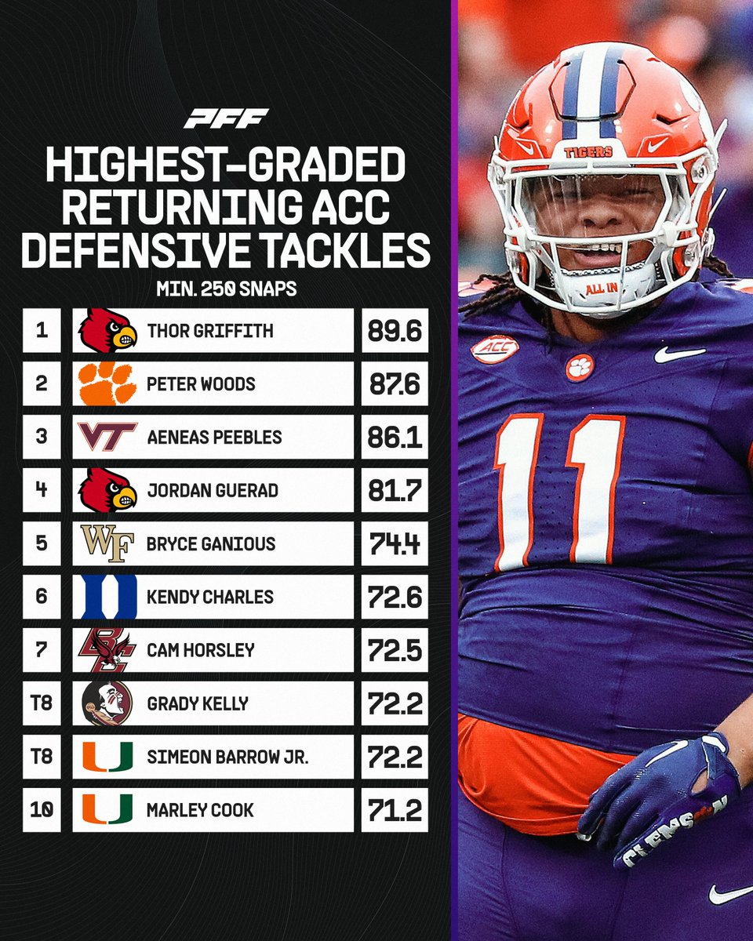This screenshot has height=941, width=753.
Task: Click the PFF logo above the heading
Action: click(226, 118)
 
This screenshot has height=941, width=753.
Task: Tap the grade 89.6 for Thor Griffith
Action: click(395, 331)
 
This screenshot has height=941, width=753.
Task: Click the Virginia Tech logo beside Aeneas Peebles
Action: click(108, 437)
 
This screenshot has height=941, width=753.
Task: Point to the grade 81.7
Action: click(395, 491)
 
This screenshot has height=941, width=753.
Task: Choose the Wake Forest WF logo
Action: click(107, 543)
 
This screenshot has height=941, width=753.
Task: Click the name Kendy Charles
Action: click(210, 597)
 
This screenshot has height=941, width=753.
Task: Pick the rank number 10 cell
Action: click(42, 810)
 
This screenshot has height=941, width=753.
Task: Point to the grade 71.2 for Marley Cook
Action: click(395, 810)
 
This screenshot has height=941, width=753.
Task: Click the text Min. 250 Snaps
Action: click(226, 289)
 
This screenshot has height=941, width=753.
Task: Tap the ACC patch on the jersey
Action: click(494, 349)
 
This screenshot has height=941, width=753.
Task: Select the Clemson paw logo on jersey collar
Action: click(580, 367)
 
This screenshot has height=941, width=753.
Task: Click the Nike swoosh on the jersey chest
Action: click(679, 354)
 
